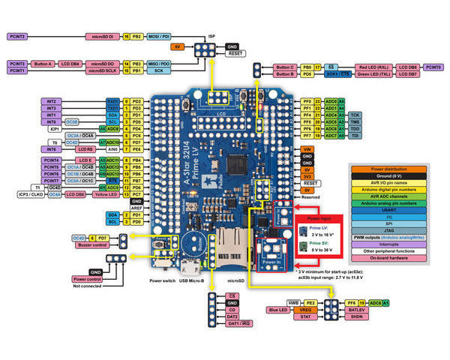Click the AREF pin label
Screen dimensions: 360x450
click(136, 208)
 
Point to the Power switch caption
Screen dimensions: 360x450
click(161, 281)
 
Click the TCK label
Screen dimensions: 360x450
click(356, 115)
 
